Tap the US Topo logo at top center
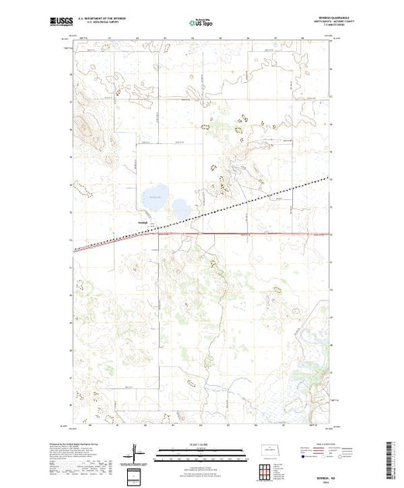pos(201,22)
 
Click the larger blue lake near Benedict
pos(154,194)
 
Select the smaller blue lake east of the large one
pos(181,208)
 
